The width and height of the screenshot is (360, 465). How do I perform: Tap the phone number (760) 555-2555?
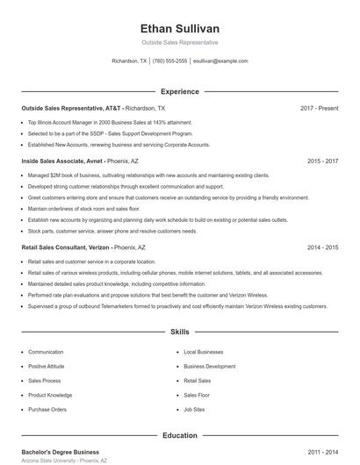170,61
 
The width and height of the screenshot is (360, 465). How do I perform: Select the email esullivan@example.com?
220,61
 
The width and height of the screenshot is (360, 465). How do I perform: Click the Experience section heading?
179,91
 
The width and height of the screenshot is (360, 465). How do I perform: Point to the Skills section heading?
179,333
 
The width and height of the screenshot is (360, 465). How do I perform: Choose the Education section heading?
179,435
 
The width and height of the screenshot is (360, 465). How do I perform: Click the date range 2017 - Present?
319,108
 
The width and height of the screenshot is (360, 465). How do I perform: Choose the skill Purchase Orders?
47,409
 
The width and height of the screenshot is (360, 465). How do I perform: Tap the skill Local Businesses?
204,352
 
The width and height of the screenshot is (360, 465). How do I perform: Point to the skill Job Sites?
194,409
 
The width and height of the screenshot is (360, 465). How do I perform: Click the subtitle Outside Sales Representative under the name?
179,42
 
